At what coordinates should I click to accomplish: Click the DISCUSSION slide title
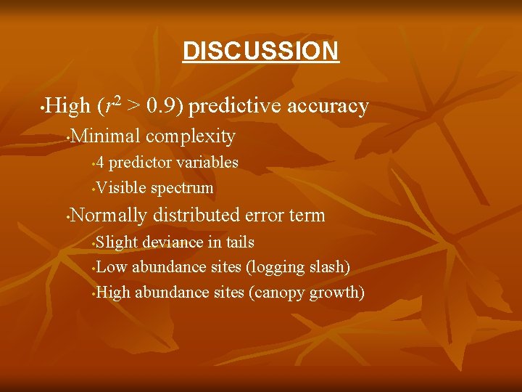pyautogui.click(x=260, y=51)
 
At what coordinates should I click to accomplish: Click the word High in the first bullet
pyautogui.click(x=67, y=107)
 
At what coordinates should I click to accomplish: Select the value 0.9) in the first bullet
pyautogui.click(x=165, y=107)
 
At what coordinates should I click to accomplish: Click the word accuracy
pyautogui.click(x=328, y=107)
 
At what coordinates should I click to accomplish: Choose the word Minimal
pyautogui.click(x=107, y=136)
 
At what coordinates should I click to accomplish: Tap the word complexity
pyautogui.click(x=191, y=136)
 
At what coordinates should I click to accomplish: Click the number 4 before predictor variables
pyautogui.click(x=101, y=162)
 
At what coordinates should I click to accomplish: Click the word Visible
pyautogui.click(x=121, y=188)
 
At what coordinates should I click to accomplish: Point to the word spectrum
pyautogui.click(x=182, y=189)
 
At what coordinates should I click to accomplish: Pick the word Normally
pyautogui.click(x=109, y=215)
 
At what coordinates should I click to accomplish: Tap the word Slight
pyautogui.click(x=117, y=242)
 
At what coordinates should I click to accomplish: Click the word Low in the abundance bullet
pyautogui.click(x=112, y=267)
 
